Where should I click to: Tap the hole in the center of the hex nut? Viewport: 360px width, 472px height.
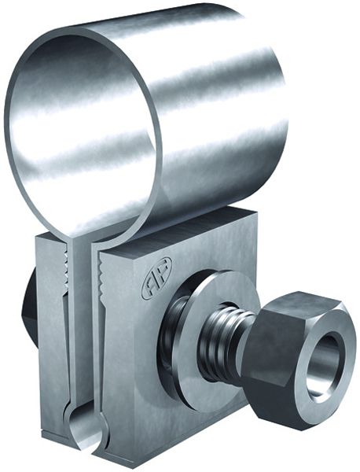click(325, 360)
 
